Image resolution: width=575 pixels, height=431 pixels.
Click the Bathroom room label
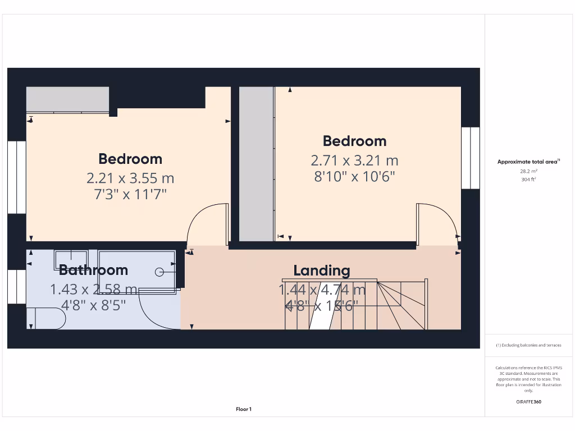(93, 270)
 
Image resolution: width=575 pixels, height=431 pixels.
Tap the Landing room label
(322, 270)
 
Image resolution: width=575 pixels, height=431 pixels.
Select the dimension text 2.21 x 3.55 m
(130, 178)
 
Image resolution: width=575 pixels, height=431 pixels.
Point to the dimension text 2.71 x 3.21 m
(355, 161)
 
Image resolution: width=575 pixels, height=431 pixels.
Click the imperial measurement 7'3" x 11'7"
(130, 195)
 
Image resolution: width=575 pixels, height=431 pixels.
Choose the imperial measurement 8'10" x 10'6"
(355, 177)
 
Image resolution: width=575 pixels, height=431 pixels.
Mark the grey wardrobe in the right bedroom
(256, 163)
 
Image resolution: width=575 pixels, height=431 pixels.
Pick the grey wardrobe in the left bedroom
(67, 99)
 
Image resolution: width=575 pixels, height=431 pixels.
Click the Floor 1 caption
(244, 410)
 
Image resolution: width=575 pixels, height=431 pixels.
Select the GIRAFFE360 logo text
(528, 402)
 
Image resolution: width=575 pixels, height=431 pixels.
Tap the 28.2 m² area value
(528, 171)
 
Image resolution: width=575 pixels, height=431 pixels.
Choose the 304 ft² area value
(528, 180)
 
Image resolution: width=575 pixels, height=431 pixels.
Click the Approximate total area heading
(528, 162)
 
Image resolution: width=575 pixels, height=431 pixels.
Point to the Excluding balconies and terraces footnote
(528, 345)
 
